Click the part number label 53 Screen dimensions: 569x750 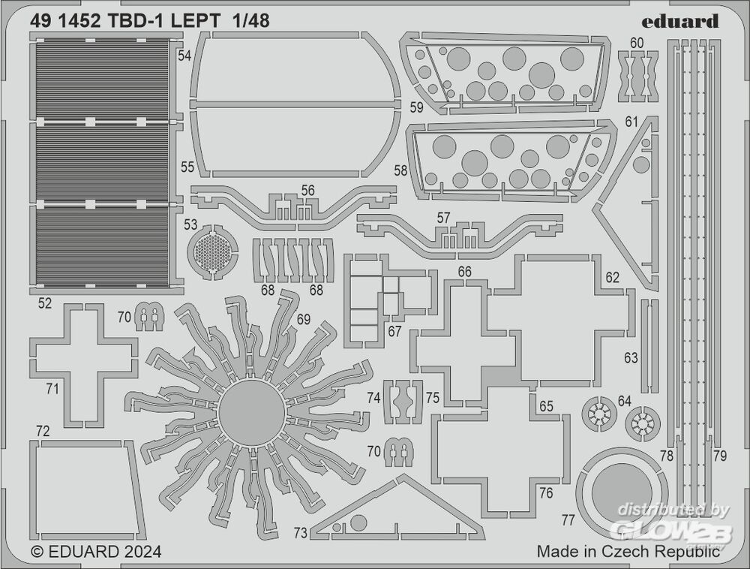coord(190,224)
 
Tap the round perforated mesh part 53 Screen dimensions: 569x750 coord(212,251)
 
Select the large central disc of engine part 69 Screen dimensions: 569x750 coord(251,412)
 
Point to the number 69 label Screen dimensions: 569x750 coord(303,320)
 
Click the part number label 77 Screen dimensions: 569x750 coord(568,519)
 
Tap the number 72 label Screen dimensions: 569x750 coord(43,431)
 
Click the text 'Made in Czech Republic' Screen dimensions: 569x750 coord(628,552)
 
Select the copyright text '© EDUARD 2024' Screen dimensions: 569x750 coord(96,552)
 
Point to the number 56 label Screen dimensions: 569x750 coord(308,191)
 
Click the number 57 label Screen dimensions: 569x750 coord(443,218)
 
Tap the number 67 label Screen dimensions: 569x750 coord(395,331)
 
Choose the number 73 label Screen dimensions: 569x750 coord(300,534)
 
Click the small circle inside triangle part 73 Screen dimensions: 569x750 coord(358,522)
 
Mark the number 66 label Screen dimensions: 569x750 coord(464,272)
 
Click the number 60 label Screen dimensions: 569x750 coord(637,43)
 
